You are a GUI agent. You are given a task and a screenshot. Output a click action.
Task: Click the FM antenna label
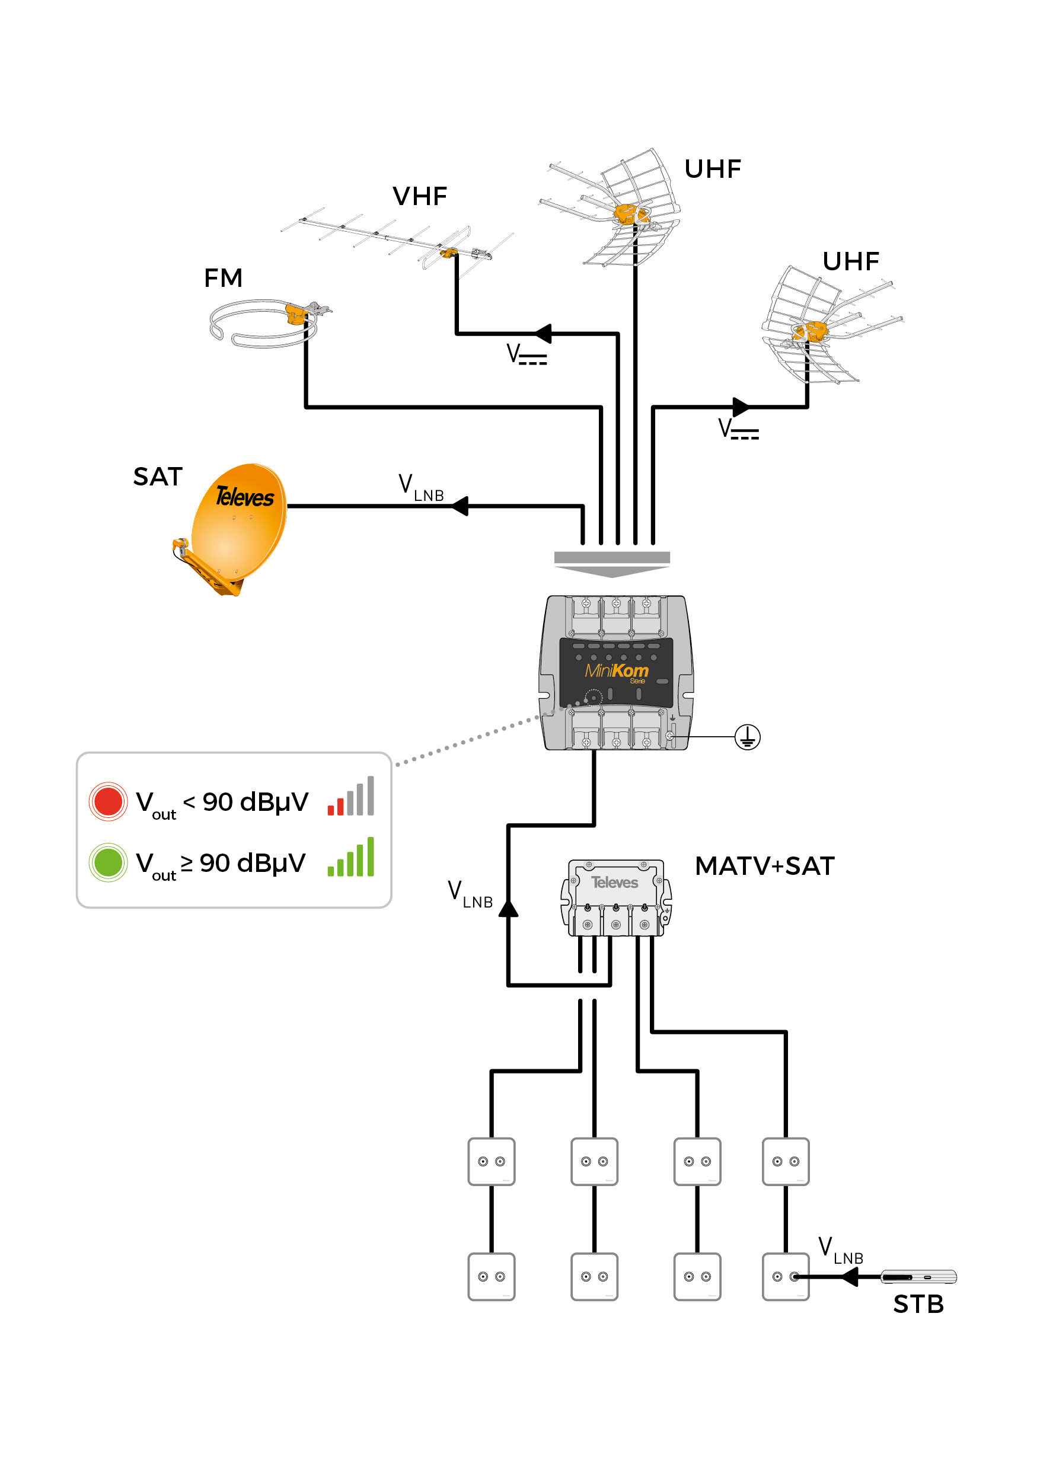pos(223,279)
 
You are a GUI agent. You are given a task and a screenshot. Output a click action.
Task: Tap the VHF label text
pos(419,197)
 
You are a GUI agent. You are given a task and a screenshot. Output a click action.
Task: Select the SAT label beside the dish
pos(158,477)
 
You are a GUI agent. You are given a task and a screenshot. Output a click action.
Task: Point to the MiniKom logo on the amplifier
pos(616,671)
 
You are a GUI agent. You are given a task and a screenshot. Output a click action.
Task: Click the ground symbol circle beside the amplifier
pos(747,737)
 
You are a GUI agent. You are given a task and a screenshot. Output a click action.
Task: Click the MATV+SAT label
pos(765,866)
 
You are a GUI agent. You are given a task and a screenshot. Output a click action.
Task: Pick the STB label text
pos(918,1304)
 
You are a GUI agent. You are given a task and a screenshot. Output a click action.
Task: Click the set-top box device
pos(918,1277)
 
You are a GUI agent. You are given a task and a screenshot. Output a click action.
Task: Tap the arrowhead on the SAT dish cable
pos(460,506)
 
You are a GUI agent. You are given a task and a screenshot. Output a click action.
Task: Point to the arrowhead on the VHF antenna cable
pos(543,334)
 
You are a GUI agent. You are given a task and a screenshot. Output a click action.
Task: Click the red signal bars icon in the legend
pos(350,797)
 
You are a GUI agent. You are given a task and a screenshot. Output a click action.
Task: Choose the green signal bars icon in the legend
pos(350,858)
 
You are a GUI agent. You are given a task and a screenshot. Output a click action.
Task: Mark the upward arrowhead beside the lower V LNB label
pos(509,908)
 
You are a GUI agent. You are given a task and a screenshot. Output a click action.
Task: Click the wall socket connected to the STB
pos(786,1277)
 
